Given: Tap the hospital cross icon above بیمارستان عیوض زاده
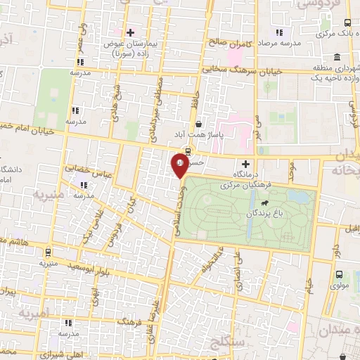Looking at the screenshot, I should click(x=130, y=32).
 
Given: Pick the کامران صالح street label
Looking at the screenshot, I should click(x=229, y=43).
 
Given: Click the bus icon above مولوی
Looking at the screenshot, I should click(x=340, y=275).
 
